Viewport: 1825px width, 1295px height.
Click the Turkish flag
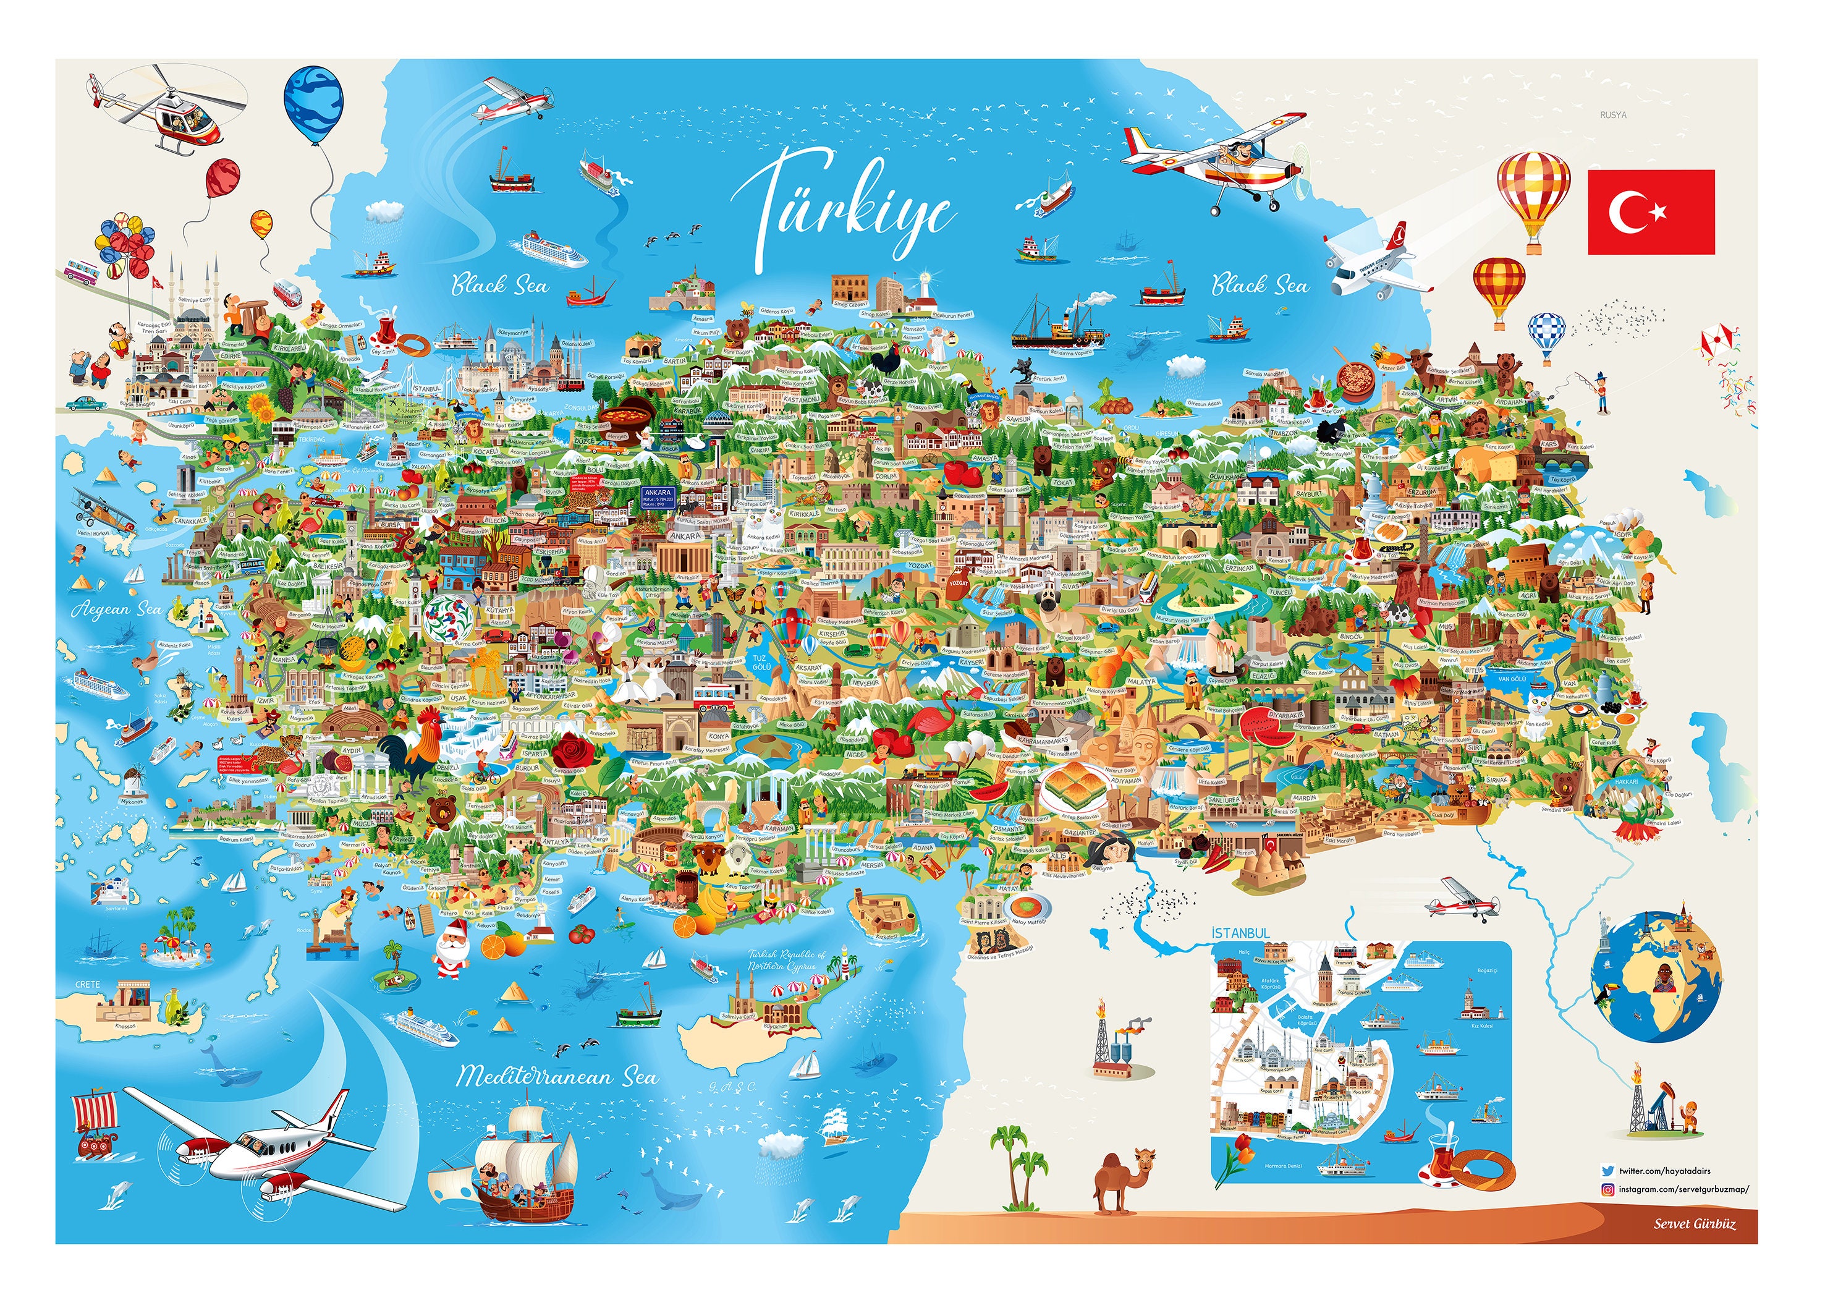coord(1649,211)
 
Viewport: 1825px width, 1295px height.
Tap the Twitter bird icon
coord(1607,1171)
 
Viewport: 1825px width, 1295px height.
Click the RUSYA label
coord(1612,116)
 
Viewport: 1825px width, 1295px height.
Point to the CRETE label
coord(88,985)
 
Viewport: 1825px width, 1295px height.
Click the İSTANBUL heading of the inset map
coord(1240,933)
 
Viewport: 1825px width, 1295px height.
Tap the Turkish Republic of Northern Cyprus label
coord(786,960)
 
